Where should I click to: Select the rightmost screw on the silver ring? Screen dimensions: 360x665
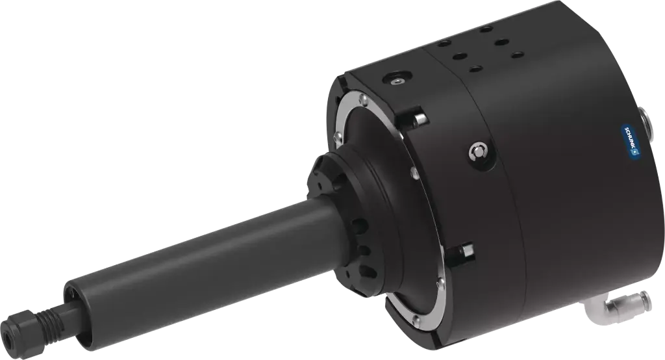(x=441, y=281)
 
